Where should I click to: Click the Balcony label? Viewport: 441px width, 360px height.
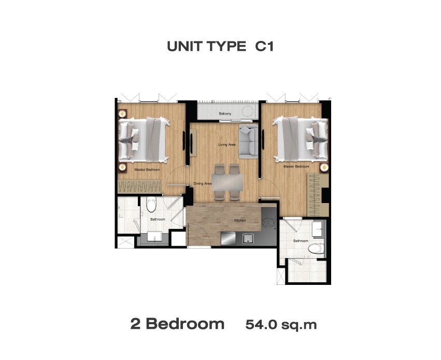[225, 114]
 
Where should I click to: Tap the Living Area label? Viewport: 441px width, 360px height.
[227, 145]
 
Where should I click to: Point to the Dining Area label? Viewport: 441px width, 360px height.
[203, 183]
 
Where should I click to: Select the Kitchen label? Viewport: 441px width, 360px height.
[240, 221]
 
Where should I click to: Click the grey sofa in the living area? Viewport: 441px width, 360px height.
[248, 141]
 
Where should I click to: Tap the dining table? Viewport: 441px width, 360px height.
[227, 182]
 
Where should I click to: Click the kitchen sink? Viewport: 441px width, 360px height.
[248, 239]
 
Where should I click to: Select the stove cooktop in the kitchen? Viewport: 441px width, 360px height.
[268, 223]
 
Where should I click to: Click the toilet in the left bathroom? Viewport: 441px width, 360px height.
[151, 205]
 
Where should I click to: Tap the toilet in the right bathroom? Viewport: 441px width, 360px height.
[316, 249]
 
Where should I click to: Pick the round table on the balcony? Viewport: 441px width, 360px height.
[248, 111]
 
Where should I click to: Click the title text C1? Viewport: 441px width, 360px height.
[264, 47]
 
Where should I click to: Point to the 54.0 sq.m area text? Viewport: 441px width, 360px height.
[281, 325]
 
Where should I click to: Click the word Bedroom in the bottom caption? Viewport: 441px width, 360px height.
[185, 324]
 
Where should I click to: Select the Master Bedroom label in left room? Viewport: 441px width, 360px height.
[147, 170]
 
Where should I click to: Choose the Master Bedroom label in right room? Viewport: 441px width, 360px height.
[296, 167]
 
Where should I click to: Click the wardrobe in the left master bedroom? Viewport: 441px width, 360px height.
[139, 186]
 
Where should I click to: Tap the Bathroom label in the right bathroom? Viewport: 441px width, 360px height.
[301, 241]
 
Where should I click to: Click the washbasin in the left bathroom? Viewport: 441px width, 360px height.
[155, 236]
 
